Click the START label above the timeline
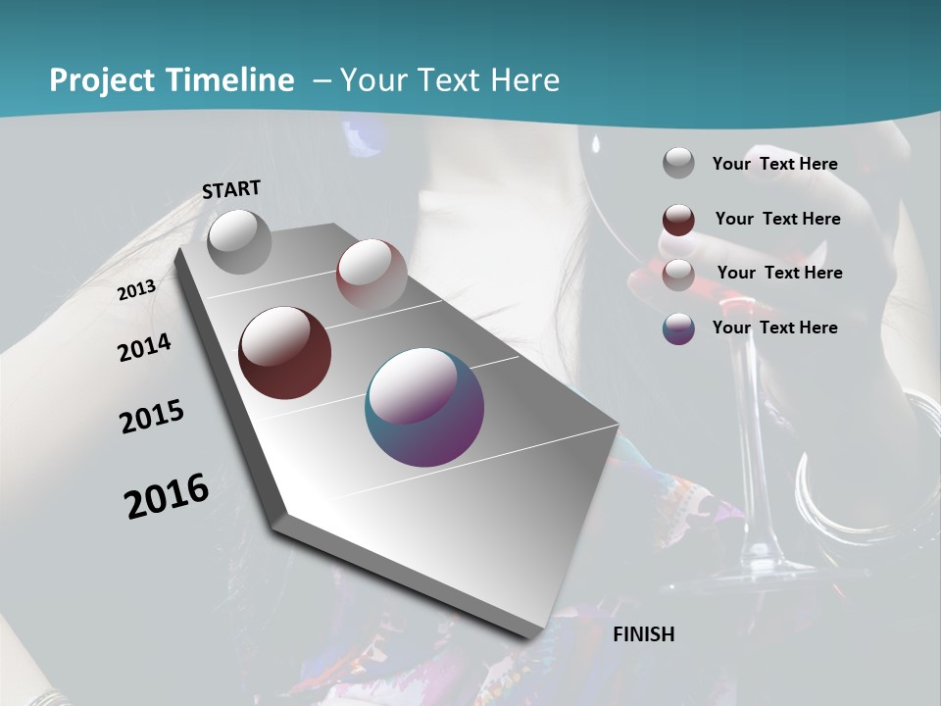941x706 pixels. tap(231, 189)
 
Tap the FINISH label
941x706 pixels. tap(643, 634)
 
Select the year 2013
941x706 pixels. tap(136, 290)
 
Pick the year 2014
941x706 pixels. tap(144, 348)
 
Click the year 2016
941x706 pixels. tap(167, 496)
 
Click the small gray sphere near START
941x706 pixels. tap(239, 241)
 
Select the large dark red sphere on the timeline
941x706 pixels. tap(284, 353)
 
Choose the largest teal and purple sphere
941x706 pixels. tap(424, 407)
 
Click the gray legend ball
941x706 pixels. tap(678, 164)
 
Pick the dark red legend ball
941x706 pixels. tap(678, 220)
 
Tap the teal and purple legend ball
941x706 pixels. tap(678, 328)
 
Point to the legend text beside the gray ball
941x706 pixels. tap(774, 164)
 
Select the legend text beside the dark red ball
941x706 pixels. tap(777, 219)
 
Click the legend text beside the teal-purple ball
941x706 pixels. tap(774, 328)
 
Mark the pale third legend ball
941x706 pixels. tap(678, 275)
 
